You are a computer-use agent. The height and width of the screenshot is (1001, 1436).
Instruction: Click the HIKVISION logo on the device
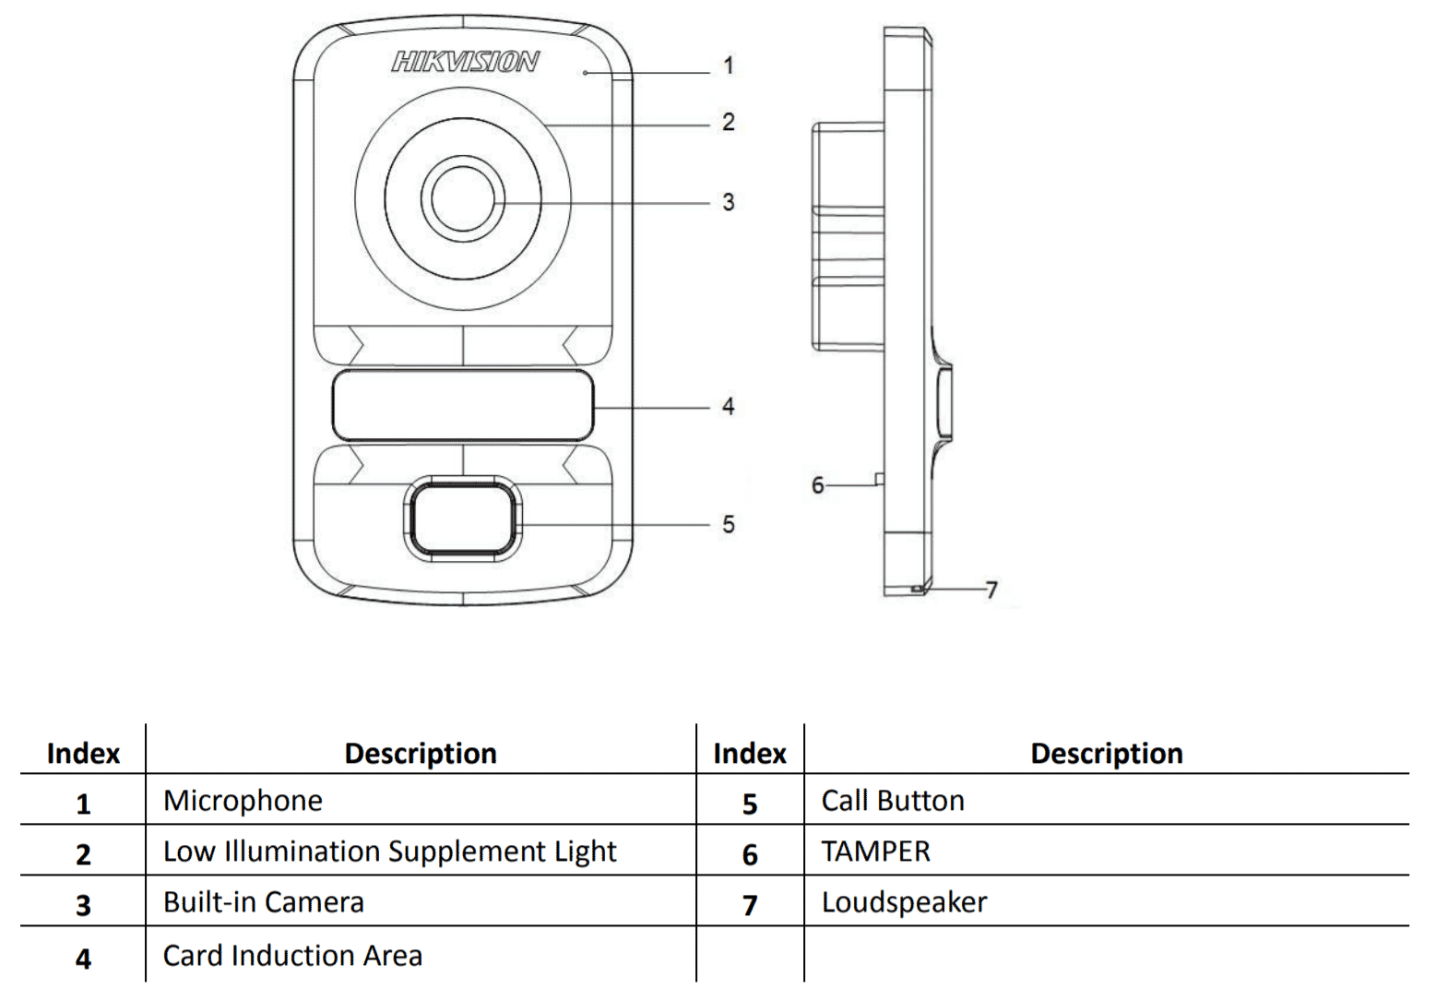tap(465, 62)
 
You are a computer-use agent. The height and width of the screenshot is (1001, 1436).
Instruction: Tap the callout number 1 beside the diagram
tap(729, 66)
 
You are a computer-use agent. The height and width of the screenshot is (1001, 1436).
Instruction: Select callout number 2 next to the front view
tap(729, 122)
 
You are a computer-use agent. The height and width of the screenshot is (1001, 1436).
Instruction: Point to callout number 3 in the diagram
tap(729, 202)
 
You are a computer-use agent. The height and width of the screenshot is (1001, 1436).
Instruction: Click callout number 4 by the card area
tap(729, 406)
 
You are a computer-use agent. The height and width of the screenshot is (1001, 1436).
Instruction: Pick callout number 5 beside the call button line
tap(729, 524)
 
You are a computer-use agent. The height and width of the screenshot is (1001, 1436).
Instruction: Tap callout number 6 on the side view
tap(817, 485)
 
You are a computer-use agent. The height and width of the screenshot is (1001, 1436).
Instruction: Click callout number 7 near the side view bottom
tap(991, 590)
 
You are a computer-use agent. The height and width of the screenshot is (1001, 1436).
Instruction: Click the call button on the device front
tap(462, 518)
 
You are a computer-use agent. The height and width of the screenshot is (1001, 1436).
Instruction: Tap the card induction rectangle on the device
tap(462, 406)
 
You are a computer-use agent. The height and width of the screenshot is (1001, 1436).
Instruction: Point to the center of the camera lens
tap(462, 200)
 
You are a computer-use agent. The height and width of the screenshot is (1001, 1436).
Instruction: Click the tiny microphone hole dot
tap(585, 72)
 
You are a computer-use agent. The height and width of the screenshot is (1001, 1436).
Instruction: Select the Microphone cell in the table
tap(243, 801)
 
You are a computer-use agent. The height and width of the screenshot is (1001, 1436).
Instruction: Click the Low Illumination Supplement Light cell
tap(389, 852)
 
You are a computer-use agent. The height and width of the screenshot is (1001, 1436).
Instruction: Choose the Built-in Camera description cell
tap(264, 902)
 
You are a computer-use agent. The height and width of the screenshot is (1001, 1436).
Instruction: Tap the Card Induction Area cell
tap(292, 956)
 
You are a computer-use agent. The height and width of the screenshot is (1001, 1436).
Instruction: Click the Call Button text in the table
tap(893, 801)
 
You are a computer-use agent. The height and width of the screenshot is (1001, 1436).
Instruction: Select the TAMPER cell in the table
tap(875, 852)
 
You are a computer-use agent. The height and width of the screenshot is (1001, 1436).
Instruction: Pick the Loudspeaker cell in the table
tap(904, 902)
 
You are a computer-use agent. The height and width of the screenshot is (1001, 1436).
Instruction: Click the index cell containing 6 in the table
tap(750, 854)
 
